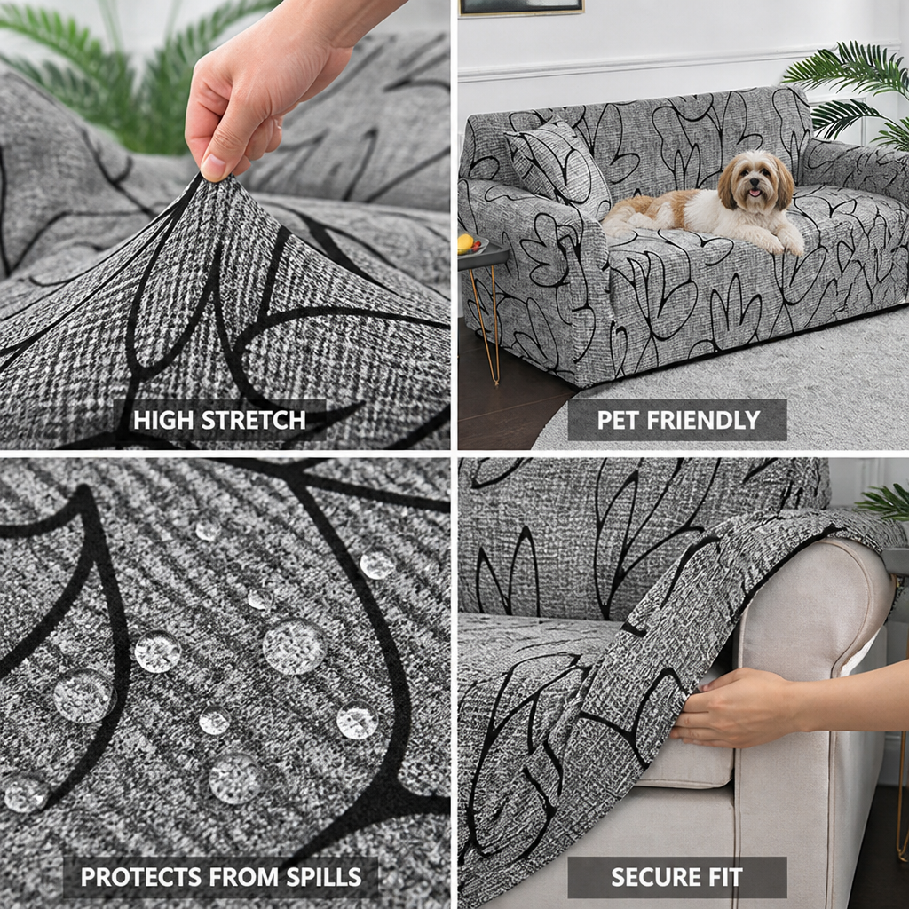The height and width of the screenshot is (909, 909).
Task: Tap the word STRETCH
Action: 253,420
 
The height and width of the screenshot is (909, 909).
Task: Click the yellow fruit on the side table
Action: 465,244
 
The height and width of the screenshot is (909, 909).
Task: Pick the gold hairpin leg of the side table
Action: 487,325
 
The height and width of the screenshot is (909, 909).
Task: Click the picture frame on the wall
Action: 521,7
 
